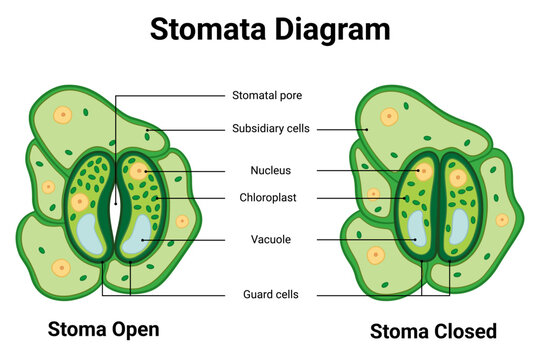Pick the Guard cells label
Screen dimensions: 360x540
click(x=271, y=294)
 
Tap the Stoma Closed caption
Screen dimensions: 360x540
click(x=434, y=330)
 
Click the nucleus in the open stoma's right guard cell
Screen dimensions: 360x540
click(x=138, y=171)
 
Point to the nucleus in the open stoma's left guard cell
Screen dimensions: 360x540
click(x=80, y=203)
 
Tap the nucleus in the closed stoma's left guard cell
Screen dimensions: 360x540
click(x=424, y=172)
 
